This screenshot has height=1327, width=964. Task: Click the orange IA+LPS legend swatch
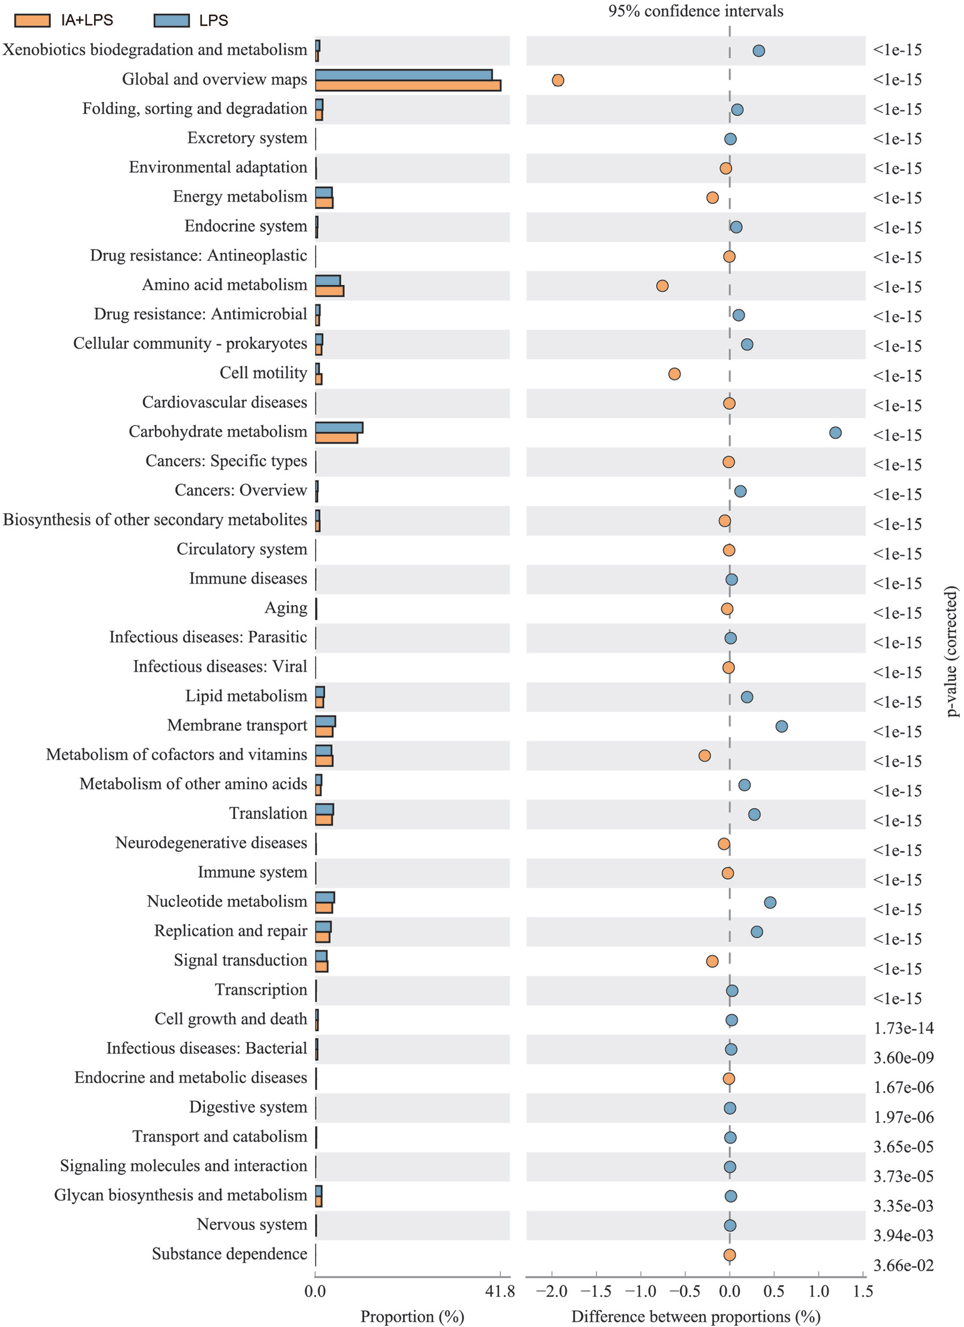pyautogui.click(x=32, y=20)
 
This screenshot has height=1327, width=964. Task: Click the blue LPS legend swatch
pyautogui.click(x=171, y=20)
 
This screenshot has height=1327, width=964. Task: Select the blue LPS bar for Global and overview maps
pyautogui.click(x=403, y=75)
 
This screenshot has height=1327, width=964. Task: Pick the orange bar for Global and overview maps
pyautogui.click(x=407, y=85)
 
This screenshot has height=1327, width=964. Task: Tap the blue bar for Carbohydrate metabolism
pyautogui.click(x=338, y=427)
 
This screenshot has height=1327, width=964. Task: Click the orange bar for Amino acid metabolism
pyautogui.click(x=329, y=291)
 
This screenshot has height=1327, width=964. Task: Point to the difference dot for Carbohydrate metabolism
pyautogui.click(x=835, y=433)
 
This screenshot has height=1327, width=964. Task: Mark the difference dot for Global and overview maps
pyautogui.click(x=558, y=80)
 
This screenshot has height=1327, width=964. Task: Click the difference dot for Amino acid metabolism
pyautogui.click(x=662, y=286)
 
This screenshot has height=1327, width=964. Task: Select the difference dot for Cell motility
pyautogui.click(x=674, y=374)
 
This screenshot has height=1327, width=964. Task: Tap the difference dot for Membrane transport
pyautogui.click(x=781, y=726)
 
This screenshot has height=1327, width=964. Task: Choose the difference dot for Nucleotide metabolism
pyautogui.click(x=770, y=902)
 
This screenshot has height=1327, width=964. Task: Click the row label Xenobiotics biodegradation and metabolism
pyautogui.click(x=155, y=50)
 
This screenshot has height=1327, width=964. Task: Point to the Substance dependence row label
pyautogui.click(x=229, y=1254)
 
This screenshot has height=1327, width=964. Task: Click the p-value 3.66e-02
pyautogui.click(x=903, y=1266)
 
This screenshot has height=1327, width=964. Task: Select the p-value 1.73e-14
pyautogui.click(x=903, y=1028)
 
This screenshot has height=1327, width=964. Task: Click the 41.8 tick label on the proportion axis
pyautogui.click(x=500, y=1292)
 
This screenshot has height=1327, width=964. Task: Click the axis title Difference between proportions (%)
pyautogui.click(x=696, y=1317)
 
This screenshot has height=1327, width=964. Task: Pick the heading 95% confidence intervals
pyautogui.click(x=696, y=11)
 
